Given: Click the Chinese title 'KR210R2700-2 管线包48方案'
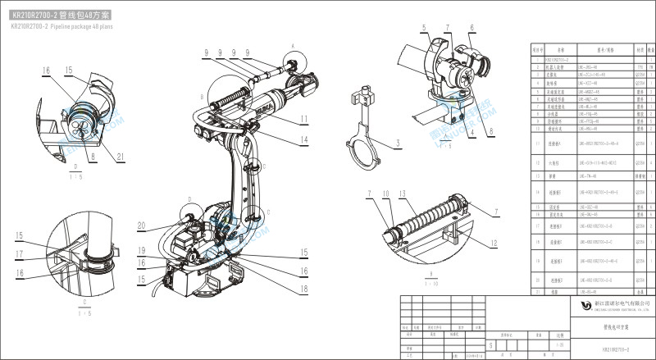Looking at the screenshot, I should [62, 16].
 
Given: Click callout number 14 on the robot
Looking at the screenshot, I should [303, 140].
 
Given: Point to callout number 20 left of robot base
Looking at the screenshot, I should [141, 226].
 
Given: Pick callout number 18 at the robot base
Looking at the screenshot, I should [304, 289].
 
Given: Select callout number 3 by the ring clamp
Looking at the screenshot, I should [374, 143].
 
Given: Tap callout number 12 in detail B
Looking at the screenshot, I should [494, 243].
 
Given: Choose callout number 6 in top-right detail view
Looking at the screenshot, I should [472, 27].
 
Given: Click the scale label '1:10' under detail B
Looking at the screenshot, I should [430, 283].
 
